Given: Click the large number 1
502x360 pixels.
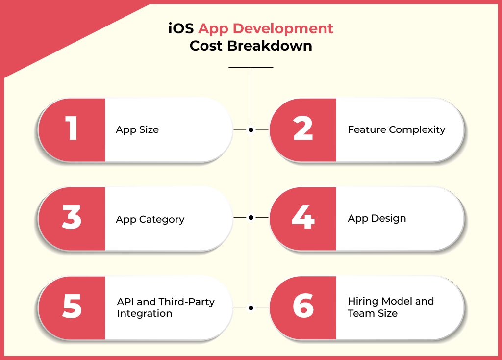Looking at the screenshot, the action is (x=72, y=128).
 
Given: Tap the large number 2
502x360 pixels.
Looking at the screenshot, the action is (x=303, y=128).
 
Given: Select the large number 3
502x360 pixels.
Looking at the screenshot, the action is (x=72, y=217).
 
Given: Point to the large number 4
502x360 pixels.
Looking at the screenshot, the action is (x=303, y=217).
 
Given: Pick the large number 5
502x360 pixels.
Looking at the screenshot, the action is (x=72, y=306).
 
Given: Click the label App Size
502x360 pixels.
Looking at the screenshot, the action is (x=137, y=129).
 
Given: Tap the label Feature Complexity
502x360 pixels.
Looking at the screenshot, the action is (x=396, y=129).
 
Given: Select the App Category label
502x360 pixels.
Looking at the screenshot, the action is (x=150, y=219).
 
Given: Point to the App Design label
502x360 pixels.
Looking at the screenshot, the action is (x=377, y=218).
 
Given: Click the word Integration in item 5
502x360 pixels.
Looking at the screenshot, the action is (x=145, y=313).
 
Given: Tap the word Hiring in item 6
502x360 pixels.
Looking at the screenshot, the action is (x=363, y=301).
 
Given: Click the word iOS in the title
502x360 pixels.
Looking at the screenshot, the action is (x=181, y=28).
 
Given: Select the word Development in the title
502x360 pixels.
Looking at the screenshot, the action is (x=283, y=29).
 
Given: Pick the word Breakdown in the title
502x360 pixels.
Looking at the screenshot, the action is (x=270, y=46).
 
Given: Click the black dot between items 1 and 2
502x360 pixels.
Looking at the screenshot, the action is (x=251, y=129).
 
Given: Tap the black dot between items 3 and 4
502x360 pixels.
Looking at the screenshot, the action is (x=251, y=217).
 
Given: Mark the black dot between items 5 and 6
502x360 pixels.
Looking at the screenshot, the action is (x=251, y=308).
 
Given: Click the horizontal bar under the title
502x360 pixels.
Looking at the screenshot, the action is (x=251, y=67).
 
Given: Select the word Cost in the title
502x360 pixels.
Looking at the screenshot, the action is (x=207, y=46).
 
